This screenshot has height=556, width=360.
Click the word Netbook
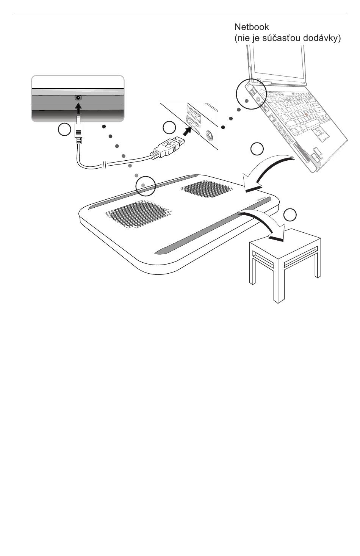coord(252,27)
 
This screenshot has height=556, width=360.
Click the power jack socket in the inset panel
coord(78,97)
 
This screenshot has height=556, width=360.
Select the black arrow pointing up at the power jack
coord(78,108)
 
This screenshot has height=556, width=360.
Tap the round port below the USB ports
coord(210,136)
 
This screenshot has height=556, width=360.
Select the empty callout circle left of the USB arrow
coord(169,128)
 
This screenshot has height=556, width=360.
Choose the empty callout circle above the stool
coord(290,215)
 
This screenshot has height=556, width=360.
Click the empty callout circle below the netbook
coord(257,149)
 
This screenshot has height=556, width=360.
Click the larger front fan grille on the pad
coord(138,215)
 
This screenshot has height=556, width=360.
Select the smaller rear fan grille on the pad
coord(208,189)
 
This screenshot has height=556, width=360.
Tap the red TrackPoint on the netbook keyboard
coord(307,114)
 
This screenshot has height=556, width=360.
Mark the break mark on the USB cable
coord(105,165)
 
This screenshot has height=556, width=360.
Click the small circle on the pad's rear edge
coord(146,186)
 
